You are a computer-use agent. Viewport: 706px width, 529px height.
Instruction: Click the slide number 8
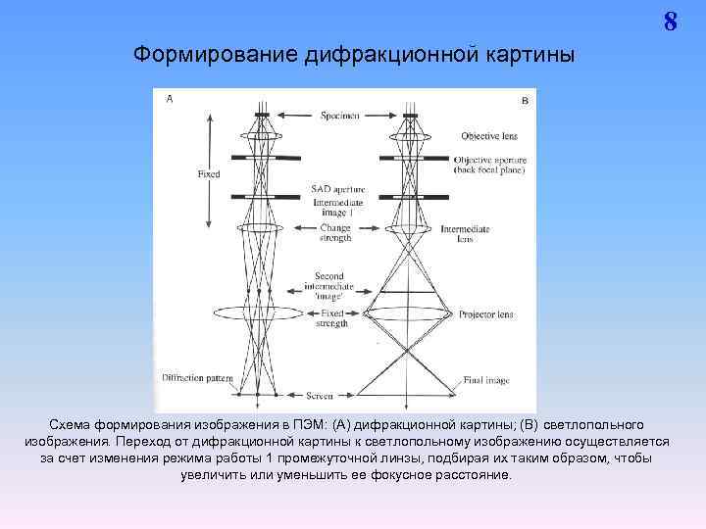[x=671, y=22]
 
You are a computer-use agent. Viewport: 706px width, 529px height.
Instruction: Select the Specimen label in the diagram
[x=339, y=116]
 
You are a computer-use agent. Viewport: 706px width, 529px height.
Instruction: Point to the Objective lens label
[x=488, y=135]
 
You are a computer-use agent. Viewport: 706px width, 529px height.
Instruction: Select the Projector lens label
[x=485, y=315]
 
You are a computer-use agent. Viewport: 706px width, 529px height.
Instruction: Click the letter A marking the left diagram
[x=171, y=99]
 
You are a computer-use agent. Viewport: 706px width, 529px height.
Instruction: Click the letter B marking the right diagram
[x=525, y=100]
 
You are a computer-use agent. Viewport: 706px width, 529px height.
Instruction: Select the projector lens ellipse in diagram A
[x=258, y=313]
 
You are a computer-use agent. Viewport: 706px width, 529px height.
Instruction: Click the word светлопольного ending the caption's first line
[x=586, y=424]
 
